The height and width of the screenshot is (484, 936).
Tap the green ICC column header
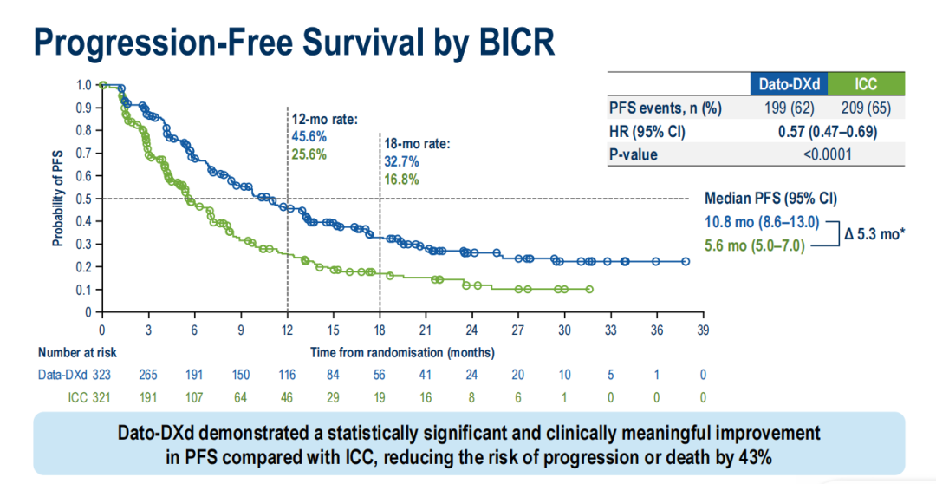[865, 84]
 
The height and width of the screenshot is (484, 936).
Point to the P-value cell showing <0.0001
[827, 155]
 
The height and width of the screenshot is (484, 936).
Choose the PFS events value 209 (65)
[866, 108]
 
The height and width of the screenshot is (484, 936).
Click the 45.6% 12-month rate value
[309, 137]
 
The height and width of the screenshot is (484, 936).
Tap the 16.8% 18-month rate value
[401, 180]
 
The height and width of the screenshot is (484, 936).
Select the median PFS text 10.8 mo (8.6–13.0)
[762, 223]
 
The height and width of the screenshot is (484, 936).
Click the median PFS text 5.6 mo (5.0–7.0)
[755, 246]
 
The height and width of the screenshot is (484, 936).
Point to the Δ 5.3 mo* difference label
[875, 234]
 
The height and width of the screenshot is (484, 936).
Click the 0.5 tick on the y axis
[83, 199]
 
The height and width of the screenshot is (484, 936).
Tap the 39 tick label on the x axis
[703, 330]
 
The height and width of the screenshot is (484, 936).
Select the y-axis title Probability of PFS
[57, 199]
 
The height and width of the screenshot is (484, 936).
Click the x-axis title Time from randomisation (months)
[402, 352]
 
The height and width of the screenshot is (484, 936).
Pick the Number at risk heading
[77, 352]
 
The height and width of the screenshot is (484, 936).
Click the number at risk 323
[102, 375]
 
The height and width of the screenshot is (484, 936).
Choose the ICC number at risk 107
[194, 397]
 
